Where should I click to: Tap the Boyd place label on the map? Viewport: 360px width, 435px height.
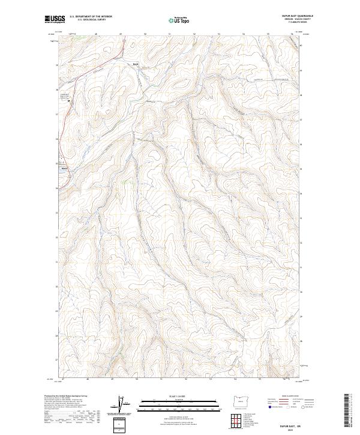coord(136,62)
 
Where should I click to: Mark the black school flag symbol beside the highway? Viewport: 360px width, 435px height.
coord(68,100)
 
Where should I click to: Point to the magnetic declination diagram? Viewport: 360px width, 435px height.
coord(119,403)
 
